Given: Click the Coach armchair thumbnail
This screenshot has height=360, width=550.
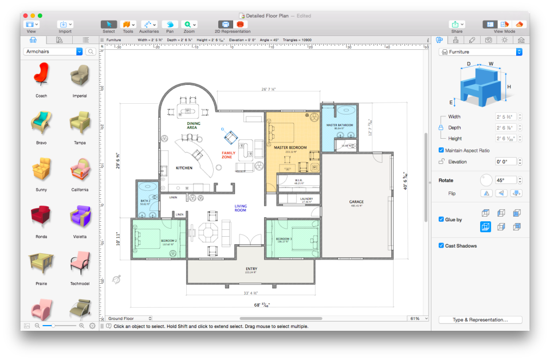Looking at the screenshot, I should [x=41, y=75].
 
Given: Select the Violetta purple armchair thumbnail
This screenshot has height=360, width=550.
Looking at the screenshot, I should [x=80, y=217].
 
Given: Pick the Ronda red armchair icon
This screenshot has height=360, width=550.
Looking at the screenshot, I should [x=41, y=217].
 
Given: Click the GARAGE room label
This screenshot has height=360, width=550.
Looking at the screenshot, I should [x=356, y=202].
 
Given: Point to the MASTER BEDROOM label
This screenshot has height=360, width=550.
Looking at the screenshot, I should [x=290, y=147].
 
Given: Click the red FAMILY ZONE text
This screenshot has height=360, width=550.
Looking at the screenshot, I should [x=229, y=155].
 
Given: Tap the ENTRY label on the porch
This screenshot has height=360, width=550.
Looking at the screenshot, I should [x=252, y=268].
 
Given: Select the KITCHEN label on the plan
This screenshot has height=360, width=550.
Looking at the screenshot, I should [x=184, y=168].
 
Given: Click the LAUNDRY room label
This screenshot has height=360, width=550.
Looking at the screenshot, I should [x=306, y=198].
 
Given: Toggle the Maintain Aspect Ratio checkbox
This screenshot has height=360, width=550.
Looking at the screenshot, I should [x=441, y=150].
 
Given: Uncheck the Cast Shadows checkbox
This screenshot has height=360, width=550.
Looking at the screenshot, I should [x=441, y=245].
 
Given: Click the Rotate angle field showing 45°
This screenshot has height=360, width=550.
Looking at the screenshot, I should [x=506, y=180].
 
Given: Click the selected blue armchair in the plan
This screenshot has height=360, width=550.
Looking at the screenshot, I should [x=230, y=136].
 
